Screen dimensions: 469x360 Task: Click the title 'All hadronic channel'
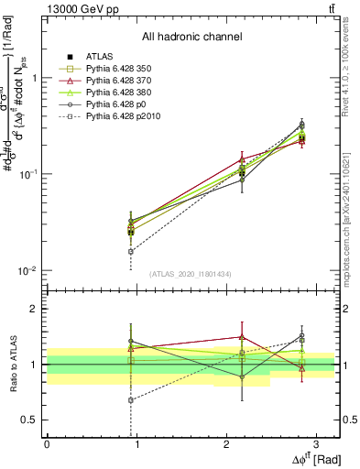pos(191,37)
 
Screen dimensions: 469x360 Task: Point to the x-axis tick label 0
pos(47,444)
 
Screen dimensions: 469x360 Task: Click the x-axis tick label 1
pos(136,444)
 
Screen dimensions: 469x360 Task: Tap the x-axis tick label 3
pos(317,444)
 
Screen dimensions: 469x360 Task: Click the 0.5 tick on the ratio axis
pos(34,420)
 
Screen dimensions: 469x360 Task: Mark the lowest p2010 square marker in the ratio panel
pos(131,400)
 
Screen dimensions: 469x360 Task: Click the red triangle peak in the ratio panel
pos(242,336)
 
